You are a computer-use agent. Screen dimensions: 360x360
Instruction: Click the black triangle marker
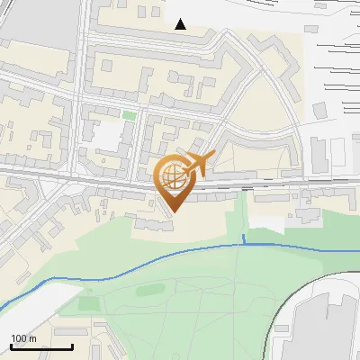tap(181, 24)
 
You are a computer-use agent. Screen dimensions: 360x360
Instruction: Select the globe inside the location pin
tap(172, 177)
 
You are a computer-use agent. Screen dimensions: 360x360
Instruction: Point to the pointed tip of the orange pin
tap(173, 211)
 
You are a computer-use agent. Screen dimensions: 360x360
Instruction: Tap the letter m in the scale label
tap(33, 338)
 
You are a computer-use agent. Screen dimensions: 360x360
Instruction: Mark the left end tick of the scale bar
tap(11, 346)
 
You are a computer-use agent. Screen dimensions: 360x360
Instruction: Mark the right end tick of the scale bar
tap(73, 346)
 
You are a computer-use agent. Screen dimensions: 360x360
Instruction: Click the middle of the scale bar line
tap(41, 347)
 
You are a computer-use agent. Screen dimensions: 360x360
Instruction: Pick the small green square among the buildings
tap(130, 115)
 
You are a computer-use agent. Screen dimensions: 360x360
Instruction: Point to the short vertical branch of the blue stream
tap(244, 238)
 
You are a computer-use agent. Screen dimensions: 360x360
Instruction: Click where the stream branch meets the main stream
tap(244, 244)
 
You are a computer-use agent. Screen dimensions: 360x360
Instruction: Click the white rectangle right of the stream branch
tap(270, 220)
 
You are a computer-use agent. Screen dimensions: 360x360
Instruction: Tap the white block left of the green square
tap(109, 135)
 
